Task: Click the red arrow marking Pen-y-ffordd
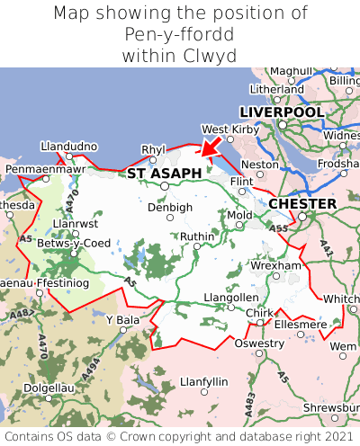[x=210, y=144]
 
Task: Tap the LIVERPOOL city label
[x=282, y=111]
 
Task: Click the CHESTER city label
[x=302, y=203]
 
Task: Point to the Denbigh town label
[x=170, y=207]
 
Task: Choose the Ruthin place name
[x=198, y=236]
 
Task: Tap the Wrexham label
[x=276, y=266]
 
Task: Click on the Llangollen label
[x=231, y=297]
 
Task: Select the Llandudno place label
[x=68, y=146]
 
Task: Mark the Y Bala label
[x=123, y=319]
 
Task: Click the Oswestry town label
[x=258, y=343]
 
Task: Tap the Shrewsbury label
[x=331, y=407]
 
